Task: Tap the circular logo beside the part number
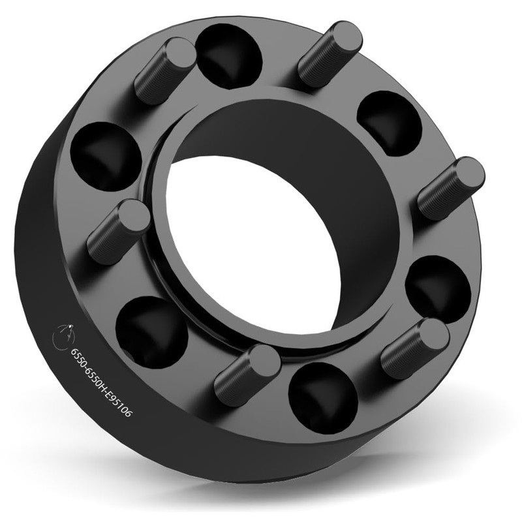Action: tap(63, 337)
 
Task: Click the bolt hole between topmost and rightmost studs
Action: tap(390, 123)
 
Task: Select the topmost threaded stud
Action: tap(330, 54)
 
